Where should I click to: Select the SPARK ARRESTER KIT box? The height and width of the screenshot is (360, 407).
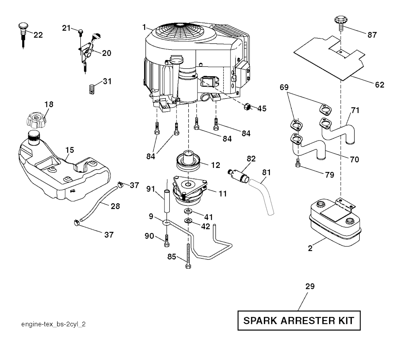[x=299, y=321]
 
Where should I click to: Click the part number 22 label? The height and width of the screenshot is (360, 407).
[x=38, y=35]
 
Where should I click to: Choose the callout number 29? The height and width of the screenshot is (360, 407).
[x=310, y=286]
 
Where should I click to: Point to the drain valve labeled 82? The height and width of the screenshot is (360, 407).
[x=239, y=175]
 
